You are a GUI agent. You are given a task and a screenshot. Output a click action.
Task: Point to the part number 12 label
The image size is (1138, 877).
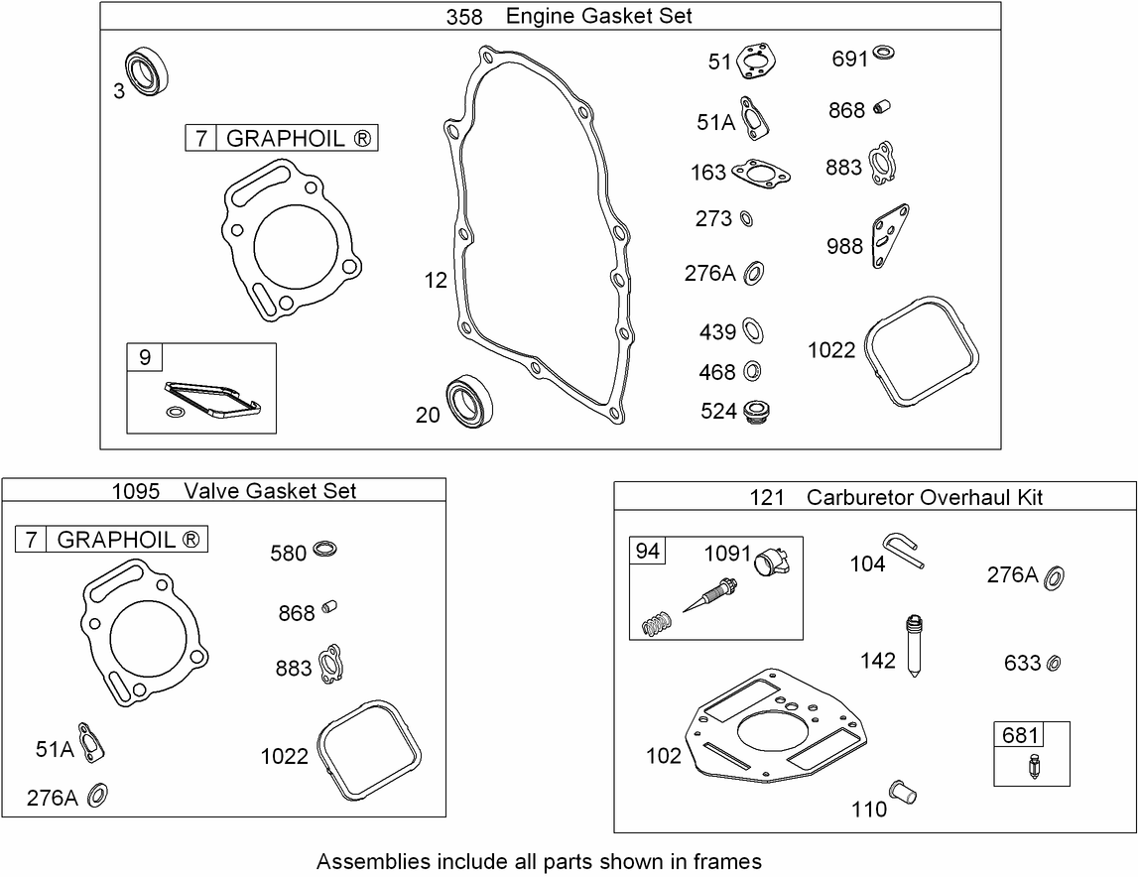click(437, 281)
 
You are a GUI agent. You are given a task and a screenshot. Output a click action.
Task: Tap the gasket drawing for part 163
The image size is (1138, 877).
click(762, 173)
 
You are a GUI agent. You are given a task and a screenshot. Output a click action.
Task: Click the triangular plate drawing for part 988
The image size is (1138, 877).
click(889, 234)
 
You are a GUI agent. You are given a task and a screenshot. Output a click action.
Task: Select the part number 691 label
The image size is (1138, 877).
click(849, 59)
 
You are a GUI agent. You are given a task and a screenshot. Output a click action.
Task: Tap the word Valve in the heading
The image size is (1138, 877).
click(212, 490)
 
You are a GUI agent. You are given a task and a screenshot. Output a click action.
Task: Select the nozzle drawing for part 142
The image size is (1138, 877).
click(914, 648)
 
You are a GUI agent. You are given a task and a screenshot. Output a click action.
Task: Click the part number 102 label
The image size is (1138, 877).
click(664, 756)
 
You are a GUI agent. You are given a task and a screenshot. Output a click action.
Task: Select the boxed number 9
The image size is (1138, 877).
click(145, 357)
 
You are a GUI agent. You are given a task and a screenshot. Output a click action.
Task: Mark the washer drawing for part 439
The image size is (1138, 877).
click(753, 330)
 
